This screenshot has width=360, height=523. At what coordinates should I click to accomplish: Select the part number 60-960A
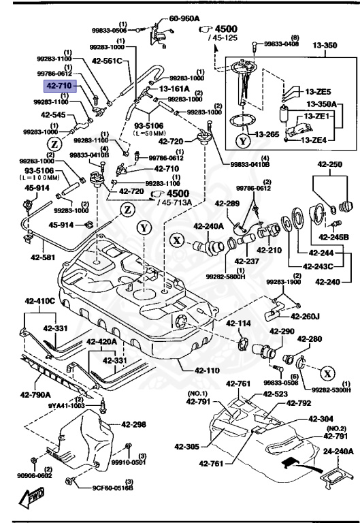tap(184, 19)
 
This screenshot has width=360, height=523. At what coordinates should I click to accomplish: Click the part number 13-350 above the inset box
tap(325, 46)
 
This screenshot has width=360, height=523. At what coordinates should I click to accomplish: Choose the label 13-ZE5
tap(317, 92)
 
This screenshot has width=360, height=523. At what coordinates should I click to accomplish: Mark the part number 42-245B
tap(334, 237)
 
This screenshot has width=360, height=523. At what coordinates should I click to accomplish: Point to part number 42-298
tap(134, 424)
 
